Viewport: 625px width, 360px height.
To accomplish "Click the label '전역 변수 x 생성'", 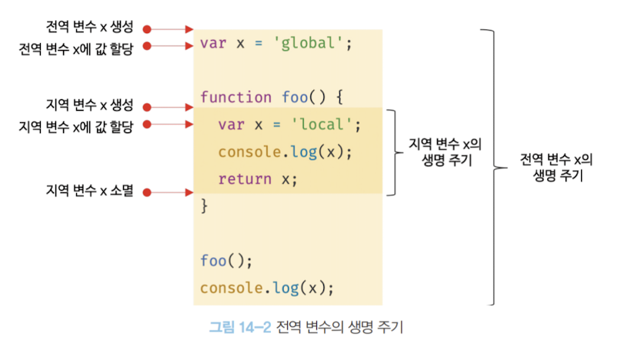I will pos(90,27).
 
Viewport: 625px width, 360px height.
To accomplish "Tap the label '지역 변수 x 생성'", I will pos(90,105).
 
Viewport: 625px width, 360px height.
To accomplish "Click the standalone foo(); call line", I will pos(226,261).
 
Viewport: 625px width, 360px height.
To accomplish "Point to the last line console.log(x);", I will pos(267,288).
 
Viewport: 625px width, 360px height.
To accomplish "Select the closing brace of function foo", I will pos(204,206).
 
